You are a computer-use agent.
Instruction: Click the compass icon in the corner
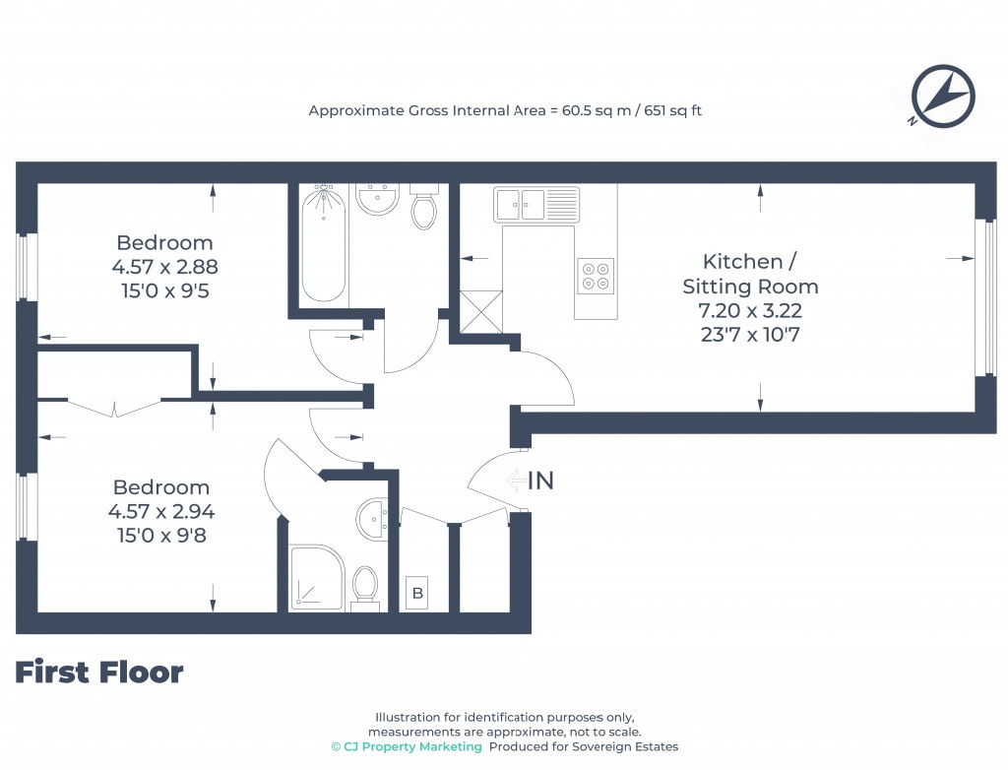tap(942, 96)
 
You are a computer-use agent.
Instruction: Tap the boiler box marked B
tap(417, 594)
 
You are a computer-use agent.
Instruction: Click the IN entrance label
tap(540, 481)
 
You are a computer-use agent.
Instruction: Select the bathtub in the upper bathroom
tap(324, 243)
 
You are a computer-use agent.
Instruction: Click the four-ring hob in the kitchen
tap(596, 275)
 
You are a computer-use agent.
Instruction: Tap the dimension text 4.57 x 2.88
tap(164, 266)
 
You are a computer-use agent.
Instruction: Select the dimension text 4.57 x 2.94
tap(161, 511)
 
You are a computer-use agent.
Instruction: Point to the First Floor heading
tap(99, 673)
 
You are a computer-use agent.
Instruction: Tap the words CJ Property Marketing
tap(412, 746)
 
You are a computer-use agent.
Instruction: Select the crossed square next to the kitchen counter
tap(481, 312)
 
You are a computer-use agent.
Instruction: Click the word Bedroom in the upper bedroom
tap(164, 242)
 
